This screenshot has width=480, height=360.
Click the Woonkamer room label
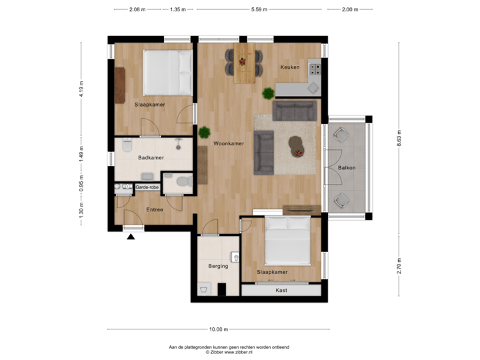(229, 143)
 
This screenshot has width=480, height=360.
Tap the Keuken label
(290, 67)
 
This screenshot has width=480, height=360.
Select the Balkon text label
(347, 168)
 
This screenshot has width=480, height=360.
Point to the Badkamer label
(151, 158)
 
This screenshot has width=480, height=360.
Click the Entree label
(155, 210)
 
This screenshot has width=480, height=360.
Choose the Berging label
(218, 266)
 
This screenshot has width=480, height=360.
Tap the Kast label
(281, 290)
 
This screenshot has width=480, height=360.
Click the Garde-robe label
(147, 188)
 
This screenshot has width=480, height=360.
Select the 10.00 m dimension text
(219, 329)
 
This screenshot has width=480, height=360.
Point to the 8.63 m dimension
(399, 137)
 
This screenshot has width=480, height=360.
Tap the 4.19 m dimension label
(81, 91)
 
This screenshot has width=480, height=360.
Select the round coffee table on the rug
(295, 145)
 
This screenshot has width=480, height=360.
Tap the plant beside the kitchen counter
(268, 93)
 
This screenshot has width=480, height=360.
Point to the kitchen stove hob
(313, 67)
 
